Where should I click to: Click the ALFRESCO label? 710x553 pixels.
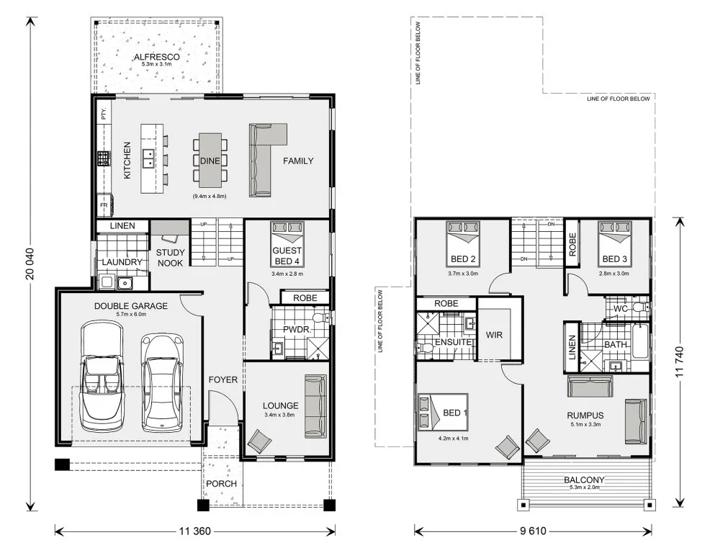(x=157, y=57)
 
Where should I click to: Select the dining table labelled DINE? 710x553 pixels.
(x=210, y=161)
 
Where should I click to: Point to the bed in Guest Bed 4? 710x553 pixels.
(x=287, y=243)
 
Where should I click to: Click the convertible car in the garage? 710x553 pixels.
(x=102, y=376)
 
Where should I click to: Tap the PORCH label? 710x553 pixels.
(x=221, y=484)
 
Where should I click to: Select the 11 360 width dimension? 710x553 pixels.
(x=194, y=531)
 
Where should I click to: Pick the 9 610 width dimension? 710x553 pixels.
(x=534, y=531)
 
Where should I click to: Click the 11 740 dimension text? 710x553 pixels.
(x=679, y=362)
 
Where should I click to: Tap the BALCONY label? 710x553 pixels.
(x=584, y=480)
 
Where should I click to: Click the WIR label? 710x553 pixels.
(x=494, y=335)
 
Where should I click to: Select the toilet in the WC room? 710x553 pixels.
(x=640, y=308)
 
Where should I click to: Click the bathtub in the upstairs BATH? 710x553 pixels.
(x=640, y=341)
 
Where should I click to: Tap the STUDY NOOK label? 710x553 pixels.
(x=170, y=258)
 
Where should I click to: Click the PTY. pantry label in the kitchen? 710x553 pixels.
(x=104, y=113)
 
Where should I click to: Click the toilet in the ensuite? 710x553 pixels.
(x=423, y=349)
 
